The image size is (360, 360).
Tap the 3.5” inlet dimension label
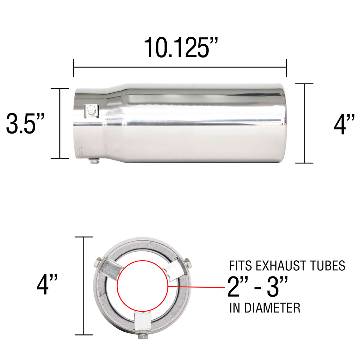pos(25,123)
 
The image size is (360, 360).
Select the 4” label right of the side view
pos(344,125)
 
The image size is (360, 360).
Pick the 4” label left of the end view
pos(47,285)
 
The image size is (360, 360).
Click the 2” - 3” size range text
pos(258,286)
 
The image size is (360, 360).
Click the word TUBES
pos(329,266)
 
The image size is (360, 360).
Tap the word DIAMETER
pos(272,308)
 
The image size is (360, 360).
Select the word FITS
pos(240,266)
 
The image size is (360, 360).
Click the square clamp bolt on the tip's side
pos(91,111)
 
